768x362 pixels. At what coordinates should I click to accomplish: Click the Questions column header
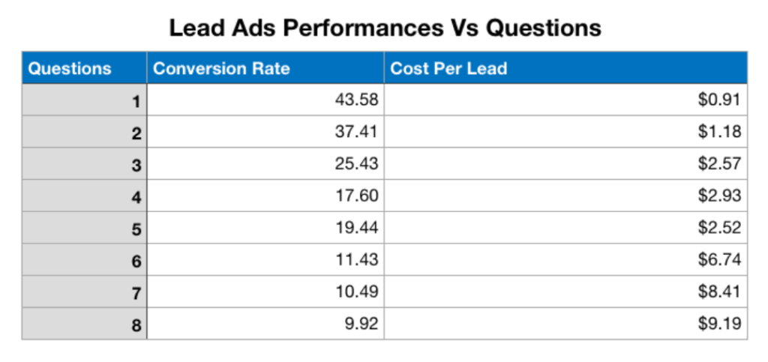click(x=70, y=69)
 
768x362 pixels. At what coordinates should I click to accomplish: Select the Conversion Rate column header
click(x=221, y=69)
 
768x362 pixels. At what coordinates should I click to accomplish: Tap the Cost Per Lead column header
click(x=448, y=69)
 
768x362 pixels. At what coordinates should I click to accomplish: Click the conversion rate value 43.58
click(x=356, y=100)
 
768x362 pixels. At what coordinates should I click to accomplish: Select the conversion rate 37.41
click(x=356, y=133)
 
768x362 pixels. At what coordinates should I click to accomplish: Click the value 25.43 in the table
click(x=356, y=164)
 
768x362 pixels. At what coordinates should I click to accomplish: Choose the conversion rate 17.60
click(x=356, y=196)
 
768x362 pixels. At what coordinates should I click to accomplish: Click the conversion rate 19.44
click(x=356, y=228)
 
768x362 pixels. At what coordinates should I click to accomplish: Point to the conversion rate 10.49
click(x=356, y=292)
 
